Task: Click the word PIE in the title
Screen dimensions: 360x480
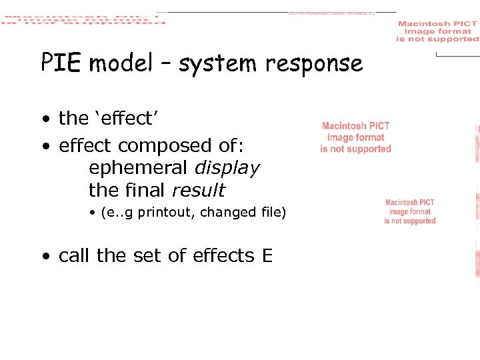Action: point(61,63)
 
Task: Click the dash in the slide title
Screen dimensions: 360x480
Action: point(165,64)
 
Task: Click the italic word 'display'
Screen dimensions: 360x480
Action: point(227,168)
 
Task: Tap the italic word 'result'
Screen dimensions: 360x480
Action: point(199,191)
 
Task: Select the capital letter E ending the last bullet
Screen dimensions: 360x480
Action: point(267,255)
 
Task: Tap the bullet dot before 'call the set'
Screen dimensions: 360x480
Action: point(44,256)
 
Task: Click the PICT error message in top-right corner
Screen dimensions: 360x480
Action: point(437,31)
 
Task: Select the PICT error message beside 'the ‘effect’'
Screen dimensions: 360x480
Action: point(355,137)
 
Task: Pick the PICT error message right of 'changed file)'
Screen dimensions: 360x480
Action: point(409,211)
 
